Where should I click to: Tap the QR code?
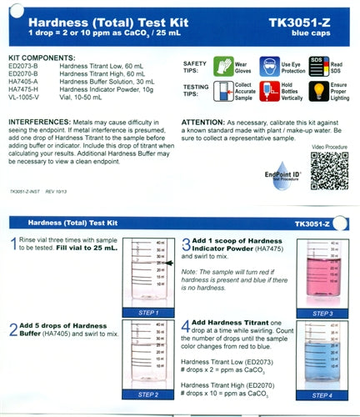point(327,169)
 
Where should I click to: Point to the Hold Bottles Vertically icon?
point(267,90)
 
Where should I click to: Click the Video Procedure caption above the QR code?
point(328,144)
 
